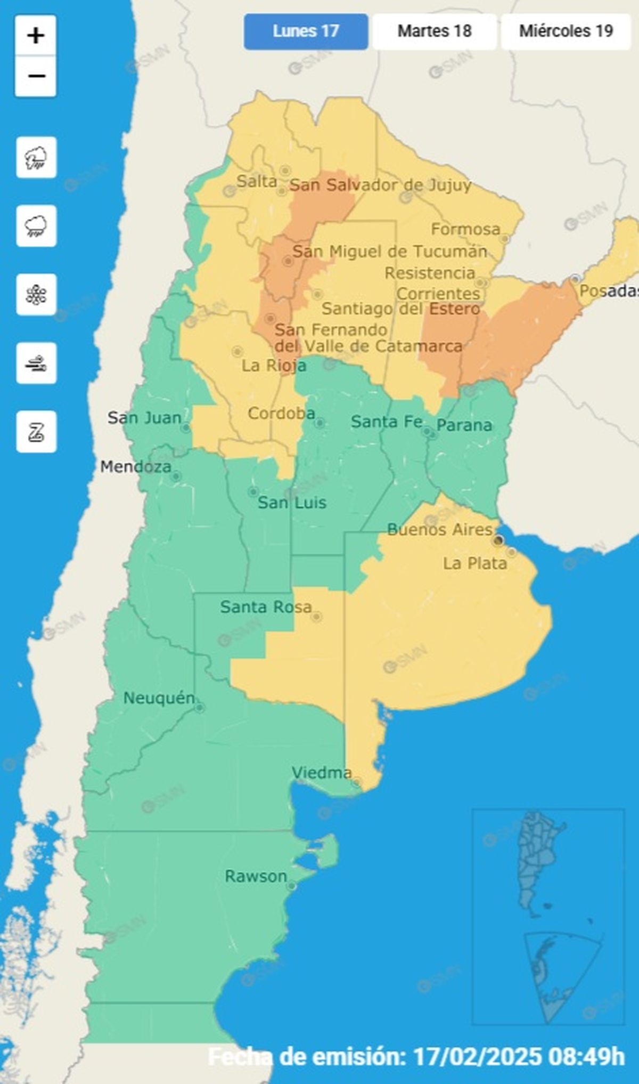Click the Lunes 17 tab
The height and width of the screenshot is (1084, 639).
click(x=306, y=31)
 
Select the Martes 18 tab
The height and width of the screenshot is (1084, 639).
click(x=435, y=31)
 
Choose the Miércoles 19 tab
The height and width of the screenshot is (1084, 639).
click(x=566, y=31)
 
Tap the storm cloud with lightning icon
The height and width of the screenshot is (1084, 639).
click(x=36, y=158)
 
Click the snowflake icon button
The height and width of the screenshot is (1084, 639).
click(x=36, y=295)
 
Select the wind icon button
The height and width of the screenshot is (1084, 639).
click(x=36, y=363)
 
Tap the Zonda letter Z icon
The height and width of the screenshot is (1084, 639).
click(x=36, y=432)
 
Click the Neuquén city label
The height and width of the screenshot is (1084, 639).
click(x=159, y=698)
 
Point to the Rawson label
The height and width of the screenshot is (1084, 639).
click(x=256, y=876)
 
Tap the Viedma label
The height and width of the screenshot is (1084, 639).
click(x=322, y=773)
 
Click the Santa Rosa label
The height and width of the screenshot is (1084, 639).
click(x=266, y=607)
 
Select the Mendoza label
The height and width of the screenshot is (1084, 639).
click(x=136, y=467)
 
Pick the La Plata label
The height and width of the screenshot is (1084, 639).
click(x=475, y=564)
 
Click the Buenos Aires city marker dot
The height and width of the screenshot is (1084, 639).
click(x=498, y=541)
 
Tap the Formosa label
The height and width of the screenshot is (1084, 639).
click(x=465, y=230)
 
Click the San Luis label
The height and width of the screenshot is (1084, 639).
click(x=292, y=503)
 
